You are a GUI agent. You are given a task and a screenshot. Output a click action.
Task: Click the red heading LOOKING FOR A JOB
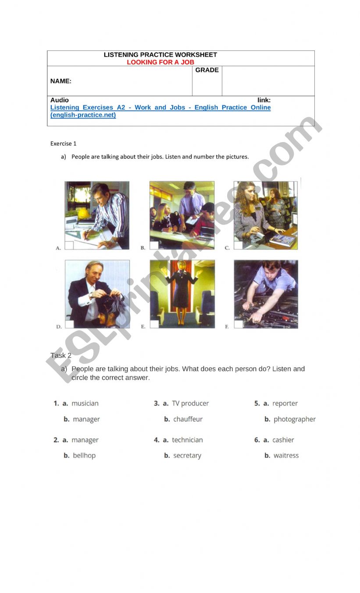(x=160, y=62)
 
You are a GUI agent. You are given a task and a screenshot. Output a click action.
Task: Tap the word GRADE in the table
(x=207, y=70)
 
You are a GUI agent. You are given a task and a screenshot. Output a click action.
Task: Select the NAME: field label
(x=61, y=81)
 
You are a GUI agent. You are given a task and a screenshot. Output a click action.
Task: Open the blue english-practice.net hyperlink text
(x=160, y=111)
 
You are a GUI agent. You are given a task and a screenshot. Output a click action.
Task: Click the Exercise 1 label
(x=63, y=143)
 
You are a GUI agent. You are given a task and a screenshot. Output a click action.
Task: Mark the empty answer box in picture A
(x=69, y=245)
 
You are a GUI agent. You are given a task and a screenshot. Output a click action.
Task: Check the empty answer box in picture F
(x=238, y=324)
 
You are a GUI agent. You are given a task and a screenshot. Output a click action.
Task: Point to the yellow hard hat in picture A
(x=83, y=213)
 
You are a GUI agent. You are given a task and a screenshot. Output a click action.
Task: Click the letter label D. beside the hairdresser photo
(x=59, y=327)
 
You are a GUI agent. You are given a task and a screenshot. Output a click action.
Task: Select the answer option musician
(x=85, y=403)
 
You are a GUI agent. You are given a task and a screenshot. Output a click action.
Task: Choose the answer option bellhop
(x=84, y=455)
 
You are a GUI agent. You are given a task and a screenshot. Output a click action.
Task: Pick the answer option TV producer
(x=190, y=403)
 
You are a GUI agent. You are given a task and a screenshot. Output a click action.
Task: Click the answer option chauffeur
(x=188, y=419)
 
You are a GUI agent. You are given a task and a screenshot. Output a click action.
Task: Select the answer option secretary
(x=187, y=456)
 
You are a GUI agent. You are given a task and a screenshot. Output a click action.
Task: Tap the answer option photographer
(x=295, y=419)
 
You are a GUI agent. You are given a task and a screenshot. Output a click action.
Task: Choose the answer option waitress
(x=286, y=455)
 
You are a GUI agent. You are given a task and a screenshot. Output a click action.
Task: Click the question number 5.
(x=257, y=403)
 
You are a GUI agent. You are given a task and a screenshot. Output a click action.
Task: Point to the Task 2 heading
(x=61, y=355)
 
